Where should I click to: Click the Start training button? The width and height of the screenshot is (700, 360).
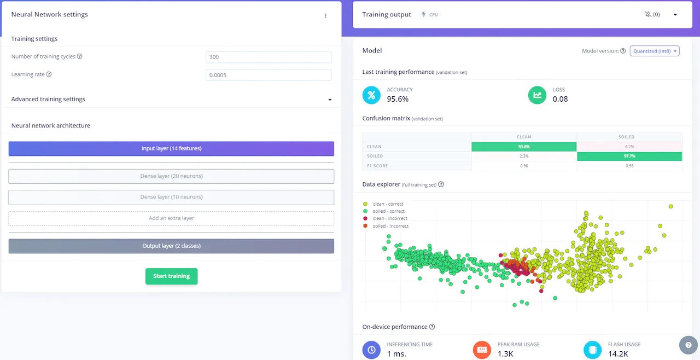171,276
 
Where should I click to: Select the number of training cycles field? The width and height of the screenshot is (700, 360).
269,57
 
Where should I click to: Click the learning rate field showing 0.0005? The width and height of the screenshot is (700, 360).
269,75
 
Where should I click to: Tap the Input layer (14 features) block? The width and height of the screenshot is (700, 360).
171,148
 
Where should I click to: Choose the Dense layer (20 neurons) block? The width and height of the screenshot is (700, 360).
171,176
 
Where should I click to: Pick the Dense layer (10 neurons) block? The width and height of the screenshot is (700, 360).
171,197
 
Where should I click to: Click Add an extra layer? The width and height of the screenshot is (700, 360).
171,218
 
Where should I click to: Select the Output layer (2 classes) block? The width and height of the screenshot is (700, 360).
171,246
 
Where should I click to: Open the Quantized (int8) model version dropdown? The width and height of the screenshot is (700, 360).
655,51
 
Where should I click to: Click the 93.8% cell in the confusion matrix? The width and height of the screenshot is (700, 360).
524,147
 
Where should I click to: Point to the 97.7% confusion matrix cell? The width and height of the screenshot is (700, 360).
629,156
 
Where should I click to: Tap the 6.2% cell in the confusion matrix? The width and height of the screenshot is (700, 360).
629,147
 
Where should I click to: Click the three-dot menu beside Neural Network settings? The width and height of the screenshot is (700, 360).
325,16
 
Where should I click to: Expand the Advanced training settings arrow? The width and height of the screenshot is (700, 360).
330,100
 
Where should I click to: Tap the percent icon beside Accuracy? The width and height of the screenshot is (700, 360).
371,95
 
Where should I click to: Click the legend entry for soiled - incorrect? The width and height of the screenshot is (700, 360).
390,226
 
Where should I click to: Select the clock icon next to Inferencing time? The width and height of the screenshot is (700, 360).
371,349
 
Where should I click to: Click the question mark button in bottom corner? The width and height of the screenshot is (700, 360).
688,345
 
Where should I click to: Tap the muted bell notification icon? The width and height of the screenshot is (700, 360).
649,15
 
